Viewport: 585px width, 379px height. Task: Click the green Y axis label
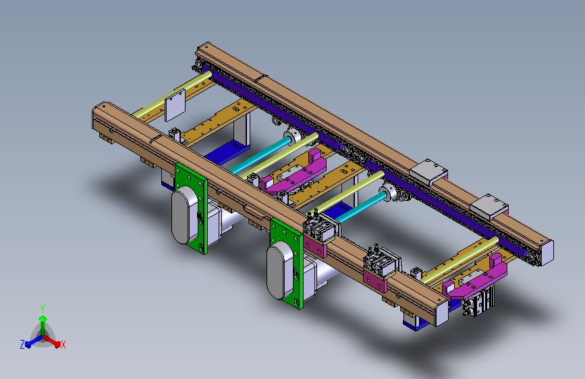point(43,308)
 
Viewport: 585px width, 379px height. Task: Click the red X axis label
point(63,345)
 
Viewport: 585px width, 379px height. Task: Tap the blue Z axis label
point(22,345)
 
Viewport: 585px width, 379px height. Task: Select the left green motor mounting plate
point(191,208)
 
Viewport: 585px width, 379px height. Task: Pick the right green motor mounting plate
point(287,264)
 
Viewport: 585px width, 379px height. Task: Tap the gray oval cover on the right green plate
point(279,270)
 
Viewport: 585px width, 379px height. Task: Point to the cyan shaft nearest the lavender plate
point(260,155)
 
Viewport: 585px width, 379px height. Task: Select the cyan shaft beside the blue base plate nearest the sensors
point(362,208)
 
